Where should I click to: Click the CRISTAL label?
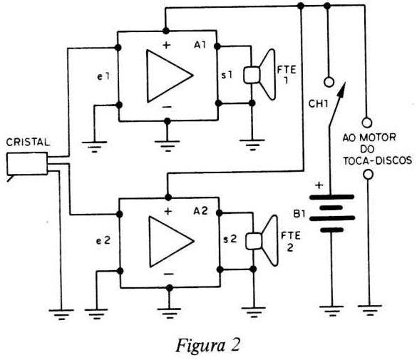28,142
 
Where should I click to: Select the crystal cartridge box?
27,164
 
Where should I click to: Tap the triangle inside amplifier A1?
170,76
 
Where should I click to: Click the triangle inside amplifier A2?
172,242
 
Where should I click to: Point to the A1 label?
200,45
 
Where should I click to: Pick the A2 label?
200,211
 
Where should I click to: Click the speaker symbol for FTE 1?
259,75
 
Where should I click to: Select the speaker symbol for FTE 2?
262,241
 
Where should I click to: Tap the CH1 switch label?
318,103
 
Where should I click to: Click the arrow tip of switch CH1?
345,83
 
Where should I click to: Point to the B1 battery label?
299,214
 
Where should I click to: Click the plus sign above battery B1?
319,185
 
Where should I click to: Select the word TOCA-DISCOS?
377,160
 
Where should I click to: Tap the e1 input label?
103,77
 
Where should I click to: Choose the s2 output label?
230,240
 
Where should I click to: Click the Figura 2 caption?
207,345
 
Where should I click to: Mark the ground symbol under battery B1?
331,311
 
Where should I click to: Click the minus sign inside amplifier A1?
168,107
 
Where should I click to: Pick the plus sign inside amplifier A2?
168,212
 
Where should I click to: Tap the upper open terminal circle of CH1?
329,82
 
